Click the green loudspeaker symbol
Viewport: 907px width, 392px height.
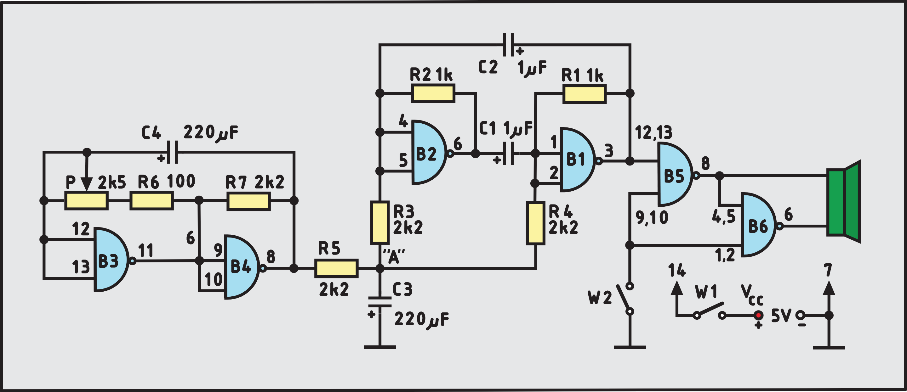[844, 201]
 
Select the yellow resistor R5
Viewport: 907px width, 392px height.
[336, 268]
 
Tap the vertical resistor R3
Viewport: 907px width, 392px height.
[379, 222]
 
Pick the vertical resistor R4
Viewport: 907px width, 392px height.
[535, 223]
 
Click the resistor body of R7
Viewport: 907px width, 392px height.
[248, 202]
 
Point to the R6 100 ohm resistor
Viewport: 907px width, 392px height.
[151, 201]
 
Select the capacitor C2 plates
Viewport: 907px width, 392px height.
[508, 45]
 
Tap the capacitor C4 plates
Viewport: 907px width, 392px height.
[172, 152]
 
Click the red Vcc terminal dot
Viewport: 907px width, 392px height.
[758, 315]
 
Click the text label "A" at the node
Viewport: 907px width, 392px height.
[394, 256]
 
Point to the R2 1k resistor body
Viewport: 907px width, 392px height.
[433, 93]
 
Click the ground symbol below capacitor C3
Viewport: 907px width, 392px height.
[379, 347]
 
